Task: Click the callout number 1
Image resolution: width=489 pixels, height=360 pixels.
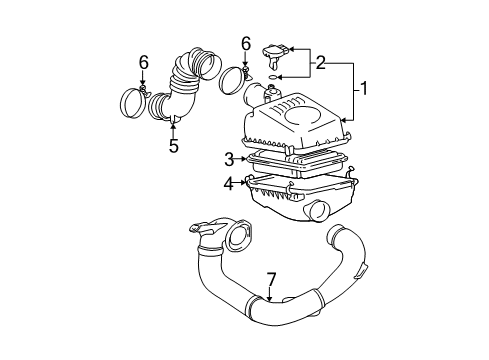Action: click(363, 90)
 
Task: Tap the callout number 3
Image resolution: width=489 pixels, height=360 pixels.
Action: click(229, 158)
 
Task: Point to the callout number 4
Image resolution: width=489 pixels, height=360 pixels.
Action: click(229, 183)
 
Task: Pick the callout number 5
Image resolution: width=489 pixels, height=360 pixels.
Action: click(173, 144)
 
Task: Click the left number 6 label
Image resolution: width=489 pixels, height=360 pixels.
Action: click(143, 63)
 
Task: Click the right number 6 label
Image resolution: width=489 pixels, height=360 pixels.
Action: click(245, 43)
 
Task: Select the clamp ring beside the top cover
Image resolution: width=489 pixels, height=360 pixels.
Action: click(234, 81)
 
